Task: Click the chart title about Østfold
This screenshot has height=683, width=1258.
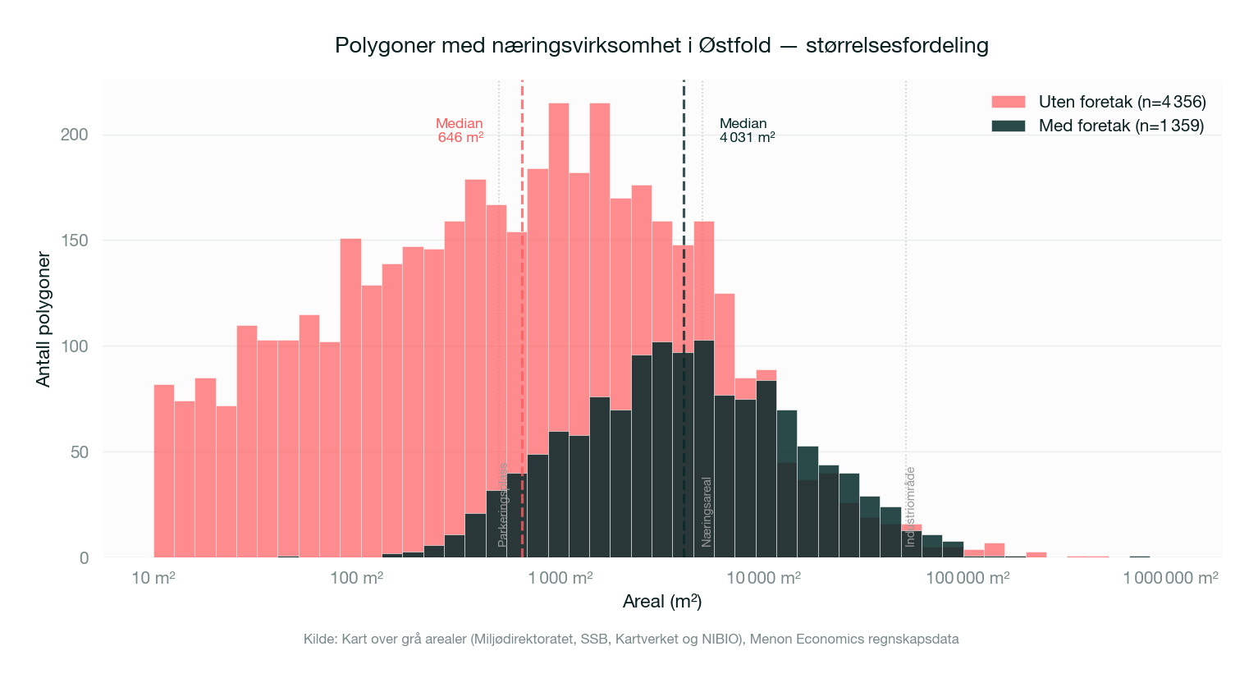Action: point(661,45)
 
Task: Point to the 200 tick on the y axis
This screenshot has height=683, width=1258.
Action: point(75,135)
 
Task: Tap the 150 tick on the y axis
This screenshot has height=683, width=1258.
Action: point(75,241)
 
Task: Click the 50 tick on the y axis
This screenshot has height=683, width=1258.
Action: point(79,452)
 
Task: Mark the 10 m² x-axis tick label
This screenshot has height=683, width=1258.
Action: point(153,578)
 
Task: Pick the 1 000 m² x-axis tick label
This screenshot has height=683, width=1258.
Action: point(560,578)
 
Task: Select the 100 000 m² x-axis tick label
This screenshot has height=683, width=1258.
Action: point(968,578)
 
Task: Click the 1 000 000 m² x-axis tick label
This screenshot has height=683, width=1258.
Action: point(1170,578)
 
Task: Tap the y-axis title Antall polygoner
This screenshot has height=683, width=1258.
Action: point(43,320)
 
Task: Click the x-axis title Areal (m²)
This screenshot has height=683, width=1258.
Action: point(662,602)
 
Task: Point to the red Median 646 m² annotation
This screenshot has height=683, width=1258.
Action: point(460,131)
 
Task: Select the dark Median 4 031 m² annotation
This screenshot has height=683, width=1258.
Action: point(747,131)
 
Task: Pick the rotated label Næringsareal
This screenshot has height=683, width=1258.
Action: point(707,511)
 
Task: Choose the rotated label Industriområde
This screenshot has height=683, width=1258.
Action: point(910,507)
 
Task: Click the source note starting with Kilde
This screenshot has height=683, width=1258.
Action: point(631,639)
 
